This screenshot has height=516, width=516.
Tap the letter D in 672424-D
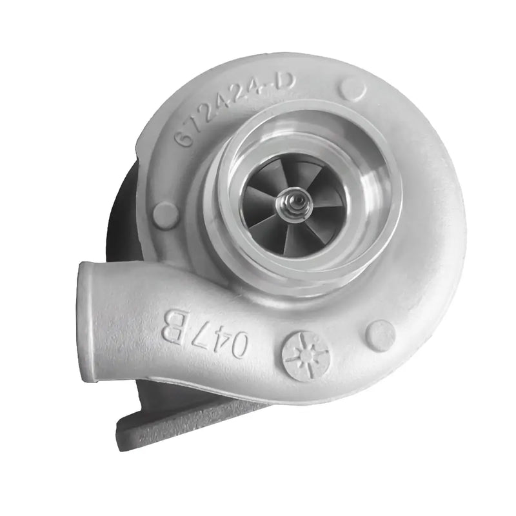(285, 82)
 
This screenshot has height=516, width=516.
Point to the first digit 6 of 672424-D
(184, 138)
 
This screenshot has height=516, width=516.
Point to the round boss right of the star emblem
(380, 335)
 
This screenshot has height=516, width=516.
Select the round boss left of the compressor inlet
(166, 215)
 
